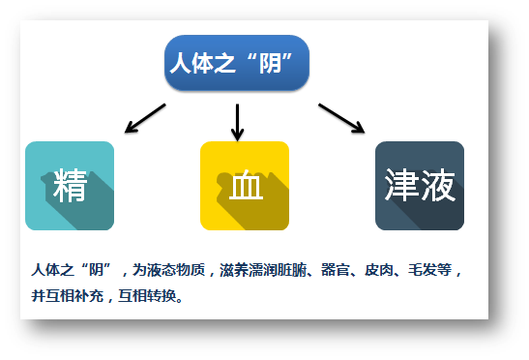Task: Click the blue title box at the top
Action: click(237, 64)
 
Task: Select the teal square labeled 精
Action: click(70, 186)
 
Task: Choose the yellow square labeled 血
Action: click(245, 186)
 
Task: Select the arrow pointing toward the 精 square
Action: click(145, 117)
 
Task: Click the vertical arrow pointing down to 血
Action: click(237, 120)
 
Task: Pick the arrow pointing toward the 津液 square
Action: click(340, 117)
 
